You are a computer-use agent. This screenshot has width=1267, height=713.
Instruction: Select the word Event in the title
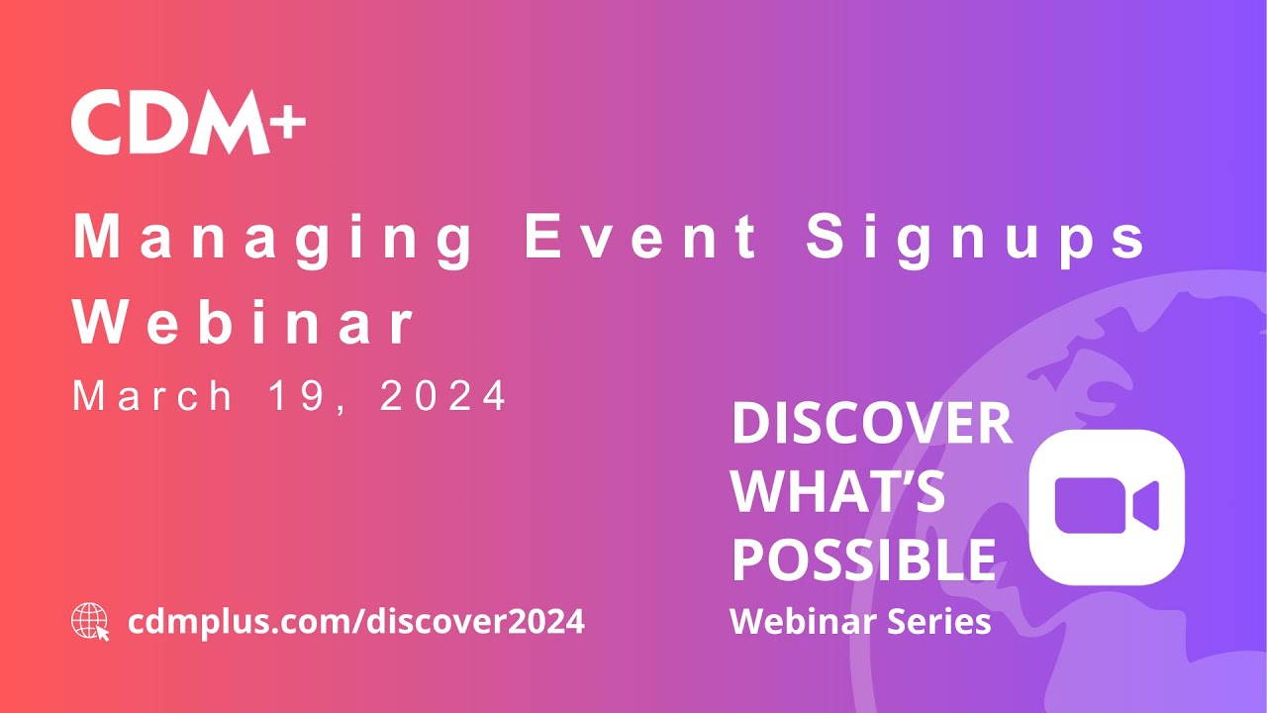point(642,238)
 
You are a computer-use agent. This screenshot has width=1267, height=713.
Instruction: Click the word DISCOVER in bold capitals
point(871,425)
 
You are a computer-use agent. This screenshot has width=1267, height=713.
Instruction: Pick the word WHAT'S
point(837,492)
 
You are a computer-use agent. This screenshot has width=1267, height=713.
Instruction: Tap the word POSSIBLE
point(863,560)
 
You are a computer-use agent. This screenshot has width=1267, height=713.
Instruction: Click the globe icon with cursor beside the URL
point(90,622)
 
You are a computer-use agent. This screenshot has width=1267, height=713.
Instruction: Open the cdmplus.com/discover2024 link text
point(356,622)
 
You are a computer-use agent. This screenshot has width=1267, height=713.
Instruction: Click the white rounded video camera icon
point(1107,506)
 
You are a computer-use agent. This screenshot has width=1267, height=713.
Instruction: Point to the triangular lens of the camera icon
point(1146,506)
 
